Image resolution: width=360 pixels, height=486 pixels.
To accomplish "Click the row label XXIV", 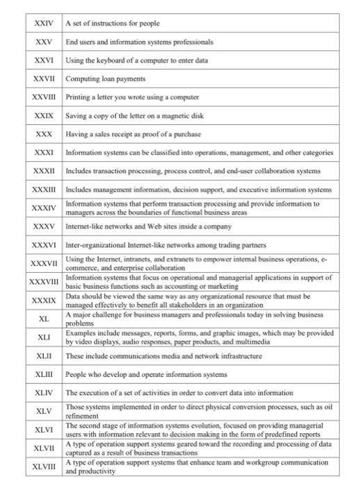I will point(43,24).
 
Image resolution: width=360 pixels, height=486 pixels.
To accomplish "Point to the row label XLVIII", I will point(43,467).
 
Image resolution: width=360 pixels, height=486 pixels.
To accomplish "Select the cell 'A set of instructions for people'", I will point(113,24).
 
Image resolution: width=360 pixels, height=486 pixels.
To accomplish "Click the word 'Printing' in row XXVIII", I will point(79,97).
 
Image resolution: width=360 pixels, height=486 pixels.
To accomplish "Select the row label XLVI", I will point(43,430).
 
